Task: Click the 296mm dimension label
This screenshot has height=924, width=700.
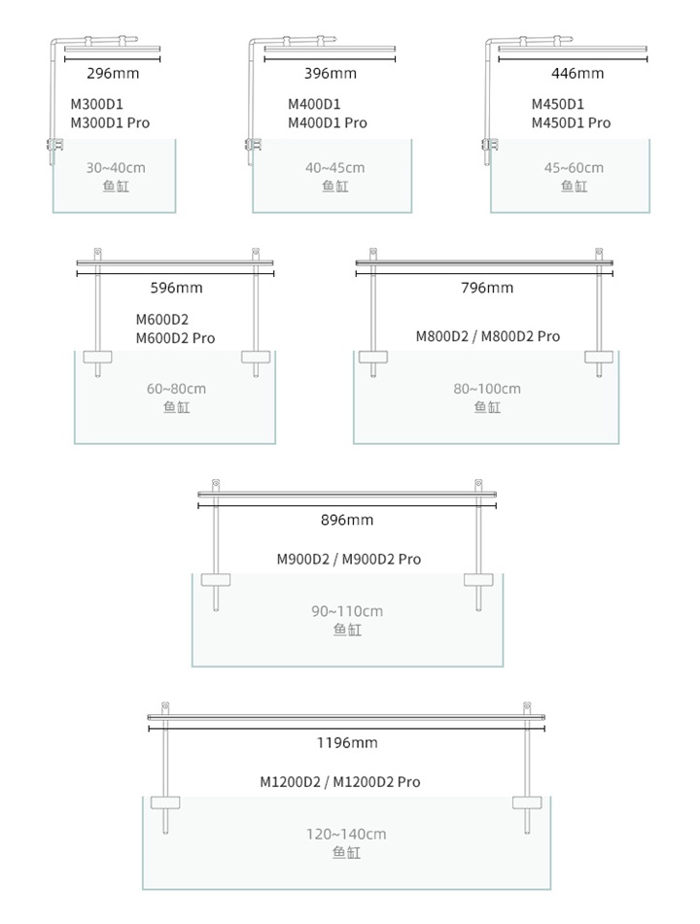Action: click(113, 74)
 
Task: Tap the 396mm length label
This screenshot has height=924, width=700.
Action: click(331, 74)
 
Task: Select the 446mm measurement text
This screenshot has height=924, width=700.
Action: click(577, 74)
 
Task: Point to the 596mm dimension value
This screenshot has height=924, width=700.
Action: click(176, 288)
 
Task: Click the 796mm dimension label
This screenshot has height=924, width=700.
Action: click(487, 288)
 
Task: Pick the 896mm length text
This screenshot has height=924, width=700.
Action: click(347, 520)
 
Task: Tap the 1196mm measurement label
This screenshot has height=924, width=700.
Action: click(347, 742)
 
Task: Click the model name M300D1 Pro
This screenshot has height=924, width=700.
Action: click(110, 123)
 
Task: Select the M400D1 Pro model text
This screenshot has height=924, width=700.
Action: click(328, 123)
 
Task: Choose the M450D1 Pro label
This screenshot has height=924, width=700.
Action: click(571, 123)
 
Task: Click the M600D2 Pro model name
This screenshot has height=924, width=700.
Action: click(175, 338)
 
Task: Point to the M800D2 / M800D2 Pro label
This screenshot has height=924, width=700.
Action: click(488, 336)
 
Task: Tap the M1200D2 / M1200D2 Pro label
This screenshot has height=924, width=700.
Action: click(340, 782)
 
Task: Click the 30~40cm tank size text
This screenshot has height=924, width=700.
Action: click(116, 168)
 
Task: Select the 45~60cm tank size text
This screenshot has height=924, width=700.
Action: click(574, 168)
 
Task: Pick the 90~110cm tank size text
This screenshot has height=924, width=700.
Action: click(347, 611)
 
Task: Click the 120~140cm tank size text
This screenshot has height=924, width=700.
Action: click(346, 834)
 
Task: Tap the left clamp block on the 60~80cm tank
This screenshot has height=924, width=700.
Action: click(97, 358)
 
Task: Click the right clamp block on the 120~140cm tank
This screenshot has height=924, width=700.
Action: click(527, 803)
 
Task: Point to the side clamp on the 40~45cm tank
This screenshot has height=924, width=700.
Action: click(253, 145)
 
